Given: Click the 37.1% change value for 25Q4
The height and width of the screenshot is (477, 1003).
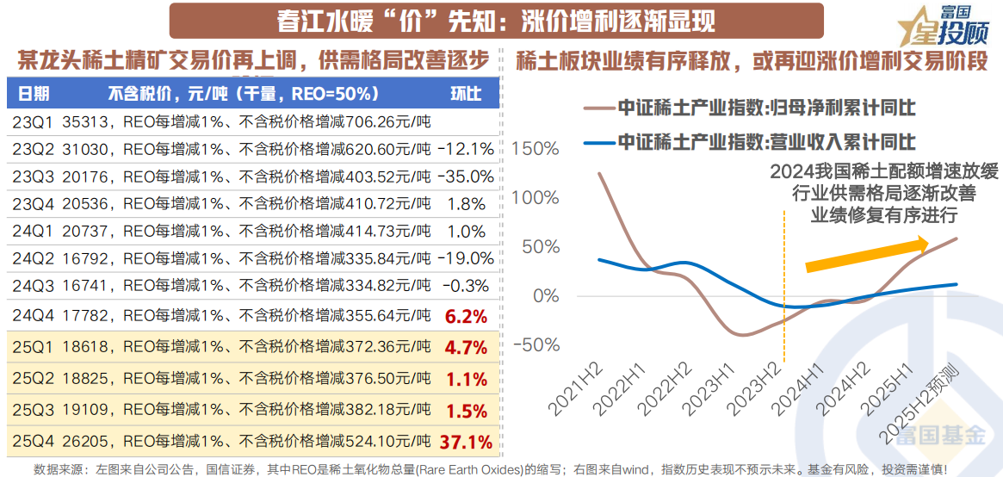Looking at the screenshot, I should click(466, 443).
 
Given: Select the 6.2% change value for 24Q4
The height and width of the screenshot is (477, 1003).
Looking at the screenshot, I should click(466, 316).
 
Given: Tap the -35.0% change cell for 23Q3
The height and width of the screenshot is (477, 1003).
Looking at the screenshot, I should click(466, 177).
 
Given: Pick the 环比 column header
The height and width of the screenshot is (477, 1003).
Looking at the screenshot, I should click(466, 94).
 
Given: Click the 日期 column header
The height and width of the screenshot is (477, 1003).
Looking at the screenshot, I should click(34, 94).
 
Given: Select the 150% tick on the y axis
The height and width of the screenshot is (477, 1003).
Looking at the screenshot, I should click(535, 148).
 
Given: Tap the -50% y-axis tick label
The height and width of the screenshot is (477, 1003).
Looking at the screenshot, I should click(535, 344).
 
